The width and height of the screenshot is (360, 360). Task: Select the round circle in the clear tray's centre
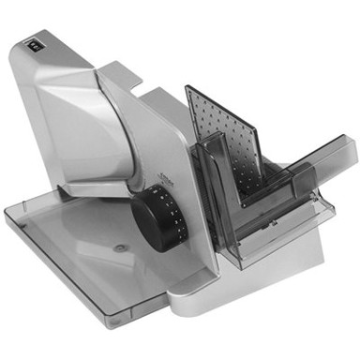pyautogui.click(x=120, y=249)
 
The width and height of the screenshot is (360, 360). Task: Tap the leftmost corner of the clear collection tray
pyautogui.click(x=7, y=212)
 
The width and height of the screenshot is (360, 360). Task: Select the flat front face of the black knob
pyautogui.click(x=144, y=219)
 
